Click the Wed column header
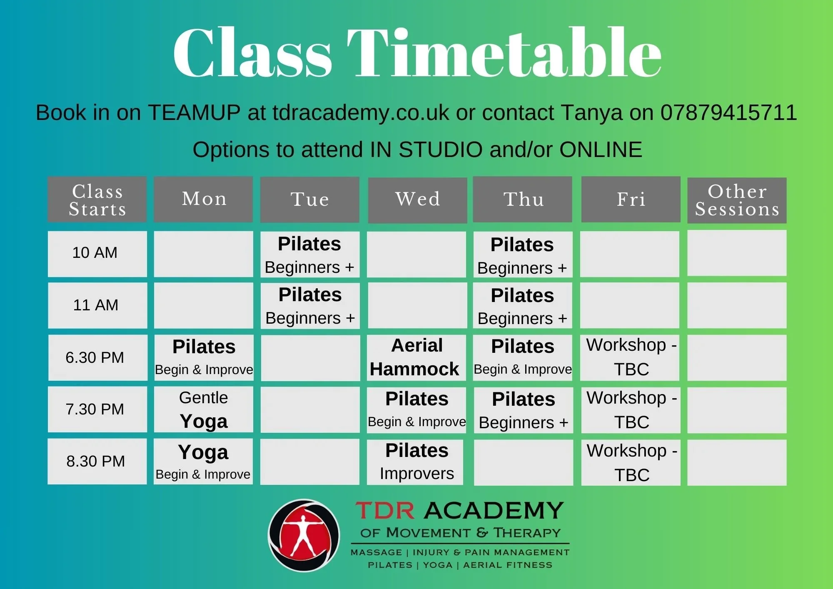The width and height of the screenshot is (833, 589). (417, 200)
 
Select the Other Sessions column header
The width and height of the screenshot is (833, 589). (737, 200)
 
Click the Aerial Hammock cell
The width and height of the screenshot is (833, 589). (416, 357)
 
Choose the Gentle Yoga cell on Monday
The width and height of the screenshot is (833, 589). (203, 409)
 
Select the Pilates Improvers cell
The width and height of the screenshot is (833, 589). (415, 462)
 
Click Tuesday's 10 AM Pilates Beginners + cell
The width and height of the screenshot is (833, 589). (310, 254)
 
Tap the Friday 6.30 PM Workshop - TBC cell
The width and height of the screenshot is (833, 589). (630, 357)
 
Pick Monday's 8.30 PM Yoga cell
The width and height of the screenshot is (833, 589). (203, 462)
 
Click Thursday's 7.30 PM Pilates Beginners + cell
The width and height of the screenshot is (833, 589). (523, 410)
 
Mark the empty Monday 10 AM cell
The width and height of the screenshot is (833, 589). (203, 254)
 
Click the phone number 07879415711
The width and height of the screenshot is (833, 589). (728, 112)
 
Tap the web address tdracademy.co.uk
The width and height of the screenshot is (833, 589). (361, 112)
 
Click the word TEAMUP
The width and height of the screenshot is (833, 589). (194, 112)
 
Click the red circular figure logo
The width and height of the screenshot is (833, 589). (304, 535)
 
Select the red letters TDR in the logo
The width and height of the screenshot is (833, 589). (385, 510)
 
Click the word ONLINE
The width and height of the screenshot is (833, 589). (601, 150)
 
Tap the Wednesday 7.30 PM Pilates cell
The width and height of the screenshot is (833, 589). (416, 409)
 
